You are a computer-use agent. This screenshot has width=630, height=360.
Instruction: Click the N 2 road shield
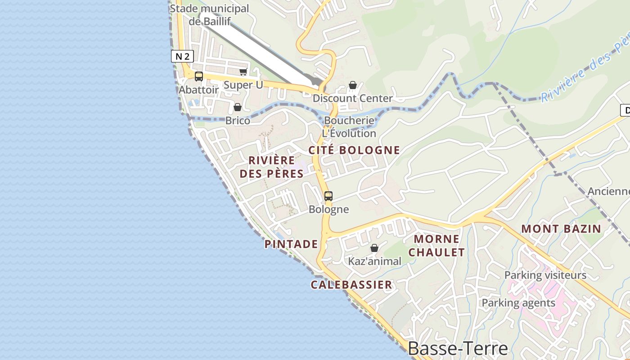[182, 56]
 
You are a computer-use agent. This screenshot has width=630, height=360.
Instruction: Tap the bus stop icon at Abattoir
[198, 76]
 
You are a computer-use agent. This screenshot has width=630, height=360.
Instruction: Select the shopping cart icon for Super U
[243, 72]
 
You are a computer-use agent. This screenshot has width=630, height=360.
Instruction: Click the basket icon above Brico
[237, 107]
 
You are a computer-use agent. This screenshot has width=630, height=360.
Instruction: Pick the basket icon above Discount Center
[353, 85]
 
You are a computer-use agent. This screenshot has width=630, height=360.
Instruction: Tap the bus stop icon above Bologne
[328, 196]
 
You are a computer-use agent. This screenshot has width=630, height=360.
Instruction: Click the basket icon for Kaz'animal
[374, 248]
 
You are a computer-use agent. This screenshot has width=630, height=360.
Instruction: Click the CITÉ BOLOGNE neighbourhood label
[354, 150]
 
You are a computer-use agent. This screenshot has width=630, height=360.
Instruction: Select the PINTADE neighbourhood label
[291, 244]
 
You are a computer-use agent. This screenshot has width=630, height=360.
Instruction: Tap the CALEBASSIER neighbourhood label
[351, 284]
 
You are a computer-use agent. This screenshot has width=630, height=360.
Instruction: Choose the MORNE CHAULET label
[436, 245]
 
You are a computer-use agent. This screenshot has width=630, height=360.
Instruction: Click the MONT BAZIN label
[561, 229]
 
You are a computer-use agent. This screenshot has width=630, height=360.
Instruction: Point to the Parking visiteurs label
[545, 275]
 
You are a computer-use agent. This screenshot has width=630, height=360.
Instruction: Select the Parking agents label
[518, 303]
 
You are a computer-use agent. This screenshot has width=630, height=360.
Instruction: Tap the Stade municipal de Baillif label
[209, 14]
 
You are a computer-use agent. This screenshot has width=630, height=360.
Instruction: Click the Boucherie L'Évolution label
[349, 127]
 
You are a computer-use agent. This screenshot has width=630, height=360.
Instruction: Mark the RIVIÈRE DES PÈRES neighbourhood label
[271, 166]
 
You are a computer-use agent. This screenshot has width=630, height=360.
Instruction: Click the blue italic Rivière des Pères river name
[585, 70]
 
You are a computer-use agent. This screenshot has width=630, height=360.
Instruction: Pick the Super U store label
[243, 85]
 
